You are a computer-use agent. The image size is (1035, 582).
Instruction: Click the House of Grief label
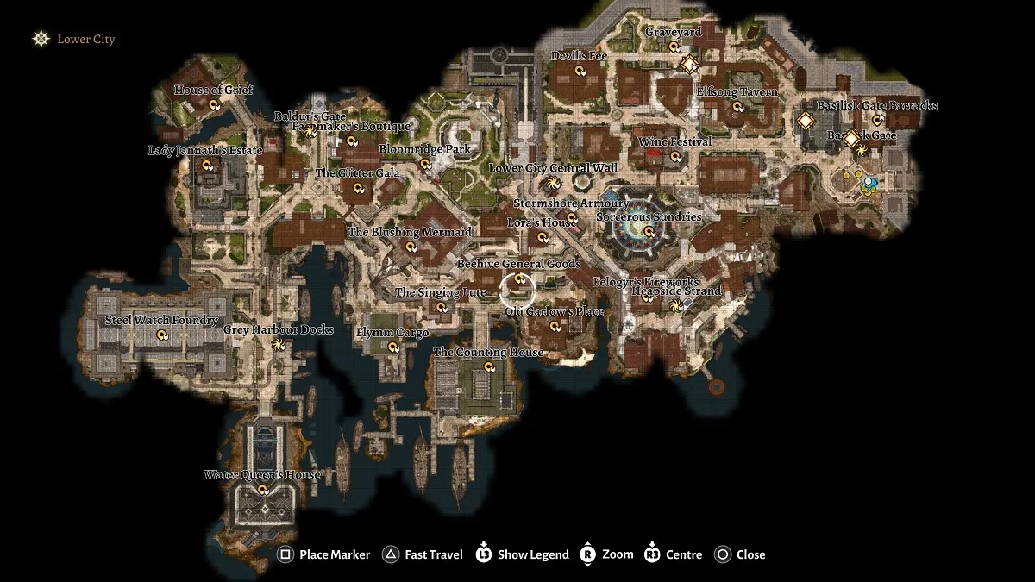pyautogui.click(x=210, y=90)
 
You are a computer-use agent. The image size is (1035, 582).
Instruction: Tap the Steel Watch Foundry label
pyautogui.click(x=161, y=321)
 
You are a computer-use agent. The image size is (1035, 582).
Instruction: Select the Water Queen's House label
pyautogui.click(x=262, y=475)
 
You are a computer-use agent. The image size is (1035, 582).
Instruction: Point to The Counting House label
pyautogui.click(x=488, y=352)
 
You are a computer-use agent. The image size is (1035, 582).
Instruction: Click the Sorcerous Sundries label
pyautogui.click(x=649, y=217)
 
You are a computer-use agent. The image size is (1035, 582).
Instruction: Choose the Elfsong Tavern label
pyautogui.click(x=737, y=92)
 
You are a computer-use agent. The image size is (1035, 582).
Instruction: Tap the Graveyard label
pyautogui.click(x=674, y=32)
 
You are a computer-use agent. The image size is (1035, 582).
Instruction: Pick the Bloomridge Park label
pyautogui.click(x=425, y=149)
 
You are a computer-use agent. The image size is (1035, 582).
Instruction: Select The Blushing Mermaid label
pyautogui.click(x=410, y=232)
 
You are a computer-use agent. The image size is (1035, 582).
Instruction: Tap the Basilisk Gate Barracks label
pyautogui.click(x=876, y=106)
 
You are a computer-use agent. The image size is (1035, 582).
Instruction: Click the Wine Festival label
pyautogui.click(x=674, y=141)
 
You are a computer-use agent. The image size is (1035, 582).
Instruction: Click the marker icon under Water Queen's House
pyautogui.click(x=263, y=490)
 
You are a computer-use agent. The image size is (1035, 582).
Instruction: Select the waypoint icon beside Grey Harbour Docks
pyautogui.click(x=278, y=345)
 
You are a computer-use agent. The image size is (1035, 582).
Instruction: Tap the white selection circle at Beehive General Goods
pyautogui.click(x=518, y=286)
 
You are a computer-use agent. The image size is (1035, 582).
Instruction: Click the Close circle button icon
pyautogui.click(x=724, y=554)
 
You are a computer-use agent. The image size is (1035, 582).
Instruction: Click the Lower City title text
pyautogui.click(x=85, y=39)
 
